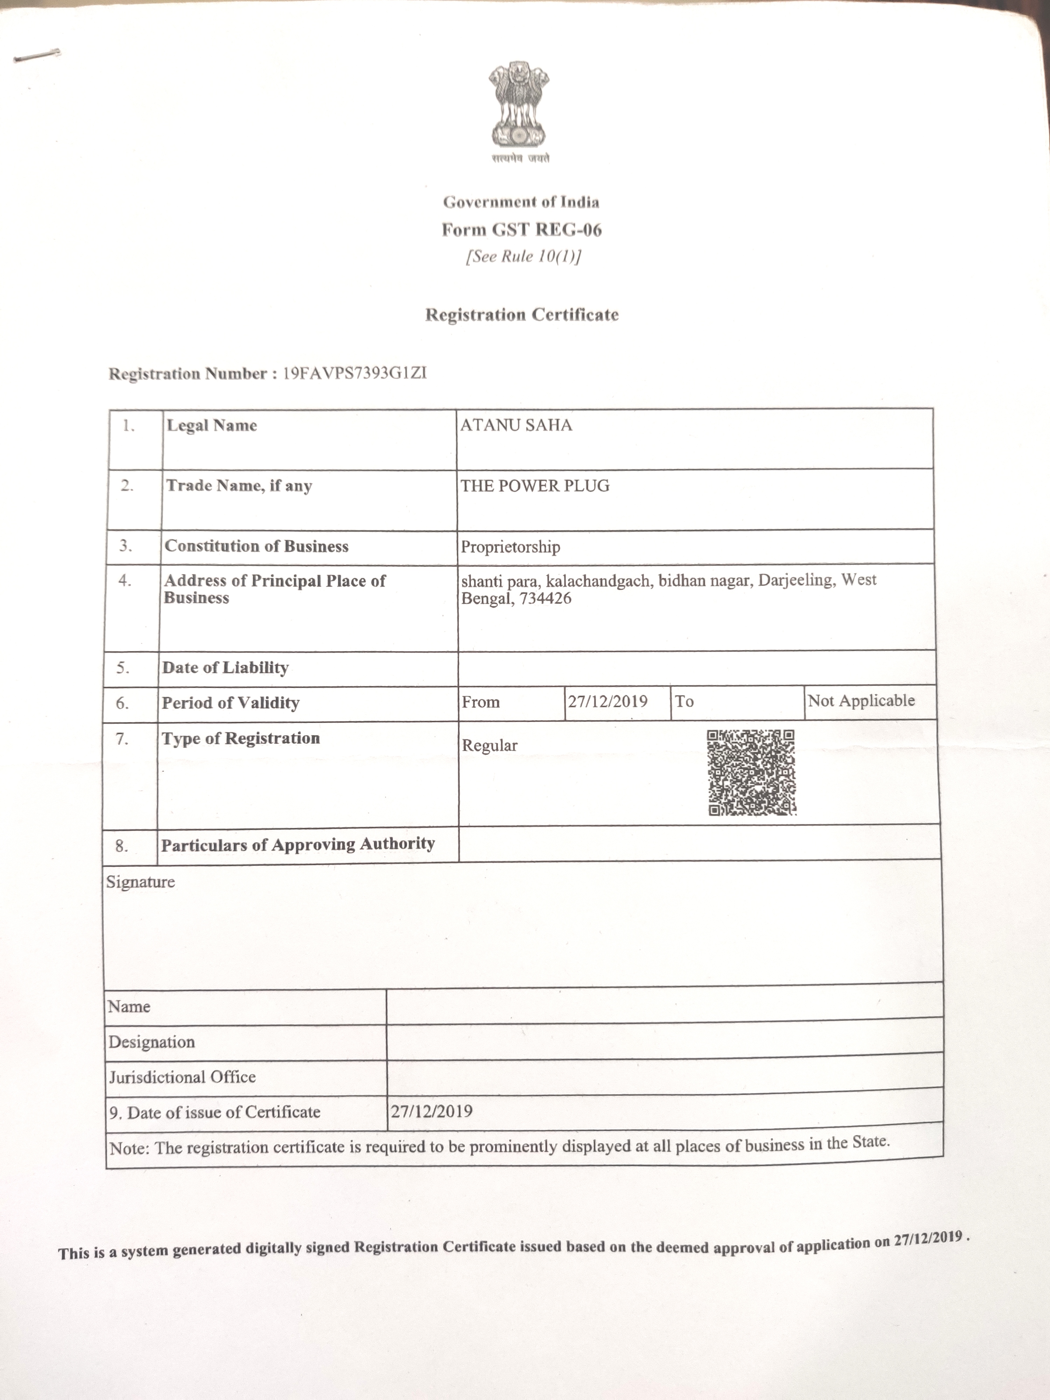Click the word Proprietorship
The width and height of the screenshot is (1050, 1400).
510,547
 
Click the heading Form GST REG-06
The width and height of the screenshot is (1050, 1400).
521,230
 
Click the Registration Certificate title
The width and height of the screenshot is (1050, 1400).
521,315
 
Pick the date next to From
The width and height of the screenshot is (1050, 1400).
608,701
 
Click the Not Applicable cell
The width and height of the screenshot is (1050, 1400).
861,701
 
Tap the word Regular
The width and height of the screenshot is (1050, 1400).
489,745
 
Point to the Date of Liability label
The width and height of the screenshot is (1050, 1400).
225,668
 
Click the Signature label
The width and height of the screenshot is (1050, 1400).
140,882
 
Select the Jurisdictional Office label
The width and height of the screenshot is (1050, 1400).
182,1077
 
